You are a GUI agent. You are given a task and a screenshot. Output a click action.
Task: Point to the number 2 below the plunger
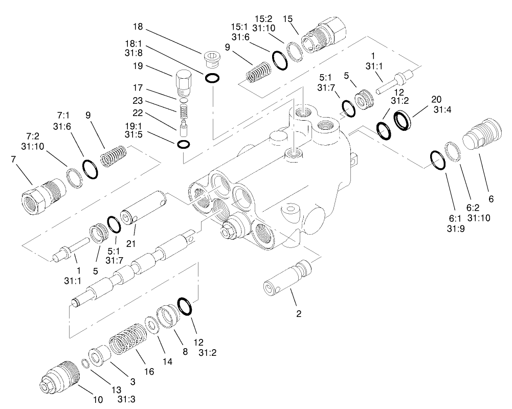pyautogui.click(x=299, y=313)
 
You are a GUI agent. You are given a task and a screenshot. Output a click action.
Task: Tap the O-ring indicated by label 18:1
pyautogui.click(x=212, y=78)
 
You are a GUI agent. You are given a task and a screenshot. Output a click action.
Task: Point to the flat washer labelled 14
pyautogui.click(x=151, y=324)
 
